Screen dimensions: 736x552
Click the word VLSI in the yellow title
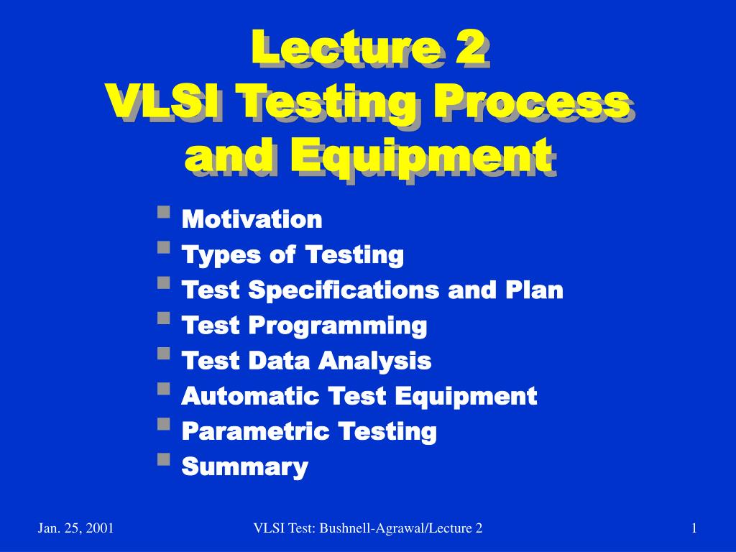coord(162,101)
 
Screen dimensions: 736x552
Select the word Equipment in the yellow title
coord(421,155)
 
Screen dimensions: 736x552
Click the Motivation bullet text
coord(252,219)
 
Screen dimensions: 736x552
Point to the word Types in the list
coord(221,256)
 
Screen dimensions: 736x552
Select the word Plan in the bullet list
coord(534,290)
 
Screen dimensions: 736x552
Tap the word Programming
coord(338,326)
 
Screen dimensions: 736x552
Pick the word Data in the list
coord(279,361)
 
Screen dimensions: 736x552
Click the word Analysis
coord(375,362)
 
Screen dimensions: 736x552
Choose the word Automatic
coord(249,396)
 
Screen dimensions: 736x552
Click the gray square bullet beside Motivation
coord(164,212)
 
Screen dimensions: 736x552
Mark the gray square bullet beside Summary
coord(164,459)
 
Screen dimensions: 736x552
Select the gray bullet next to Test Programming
coord(164,318)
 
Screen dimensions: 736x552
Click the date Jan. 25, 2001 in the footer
coord(75,528)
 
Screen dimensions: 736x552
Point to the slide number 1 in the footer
coord(694,528)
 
